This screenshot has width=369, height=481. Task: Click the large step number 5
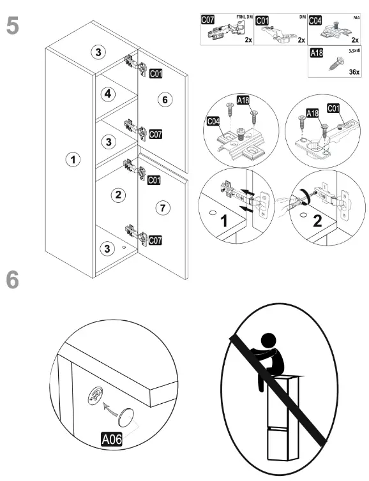click(13, 26)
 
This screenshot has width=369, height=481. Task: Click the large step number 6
click(13, 280)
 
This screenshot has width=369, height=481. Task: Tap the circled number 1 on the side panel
click(73, 159)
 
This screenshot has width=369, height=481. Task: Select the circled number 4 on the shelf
click(108, 94)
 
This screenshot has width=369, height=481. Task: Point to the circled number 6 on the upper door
click(165, 100)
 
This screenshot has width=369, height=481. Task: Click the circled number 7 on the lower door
click(163, 208)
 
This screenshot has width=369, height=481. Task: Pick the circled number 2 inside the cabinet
click(118, 195)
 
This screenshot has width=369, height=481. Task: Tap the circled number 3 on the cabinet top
click(98, 52)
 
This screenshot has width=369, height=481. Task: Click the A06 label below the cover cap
click(112, 440)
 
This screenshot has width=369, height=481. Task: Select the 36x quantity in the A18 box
click(354, 72)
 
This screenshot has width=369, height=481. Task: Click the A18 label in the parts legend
click(317, 53)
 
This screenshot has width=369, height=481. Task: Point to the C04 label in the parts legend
click(315, 20)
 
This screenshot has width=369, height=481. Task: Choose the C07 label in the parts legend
click(208, 20)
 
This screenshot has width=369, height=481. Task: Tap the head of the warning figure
click(267, 341)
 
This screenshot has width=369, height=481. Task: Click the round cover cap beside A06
click(126, 417)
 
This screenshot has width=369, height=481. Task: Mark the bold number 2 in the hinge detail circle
click(317, 221)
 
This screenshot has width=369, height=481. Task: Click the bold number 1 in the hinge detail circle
click(225, 221)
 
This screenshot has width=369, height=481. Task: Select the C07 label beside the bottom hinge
click(155, 241)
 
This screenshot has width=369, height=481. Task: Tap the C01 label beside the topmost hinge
click(156, 73)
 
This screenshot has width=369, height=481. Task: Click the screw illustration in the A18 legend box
click(336, 64)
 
